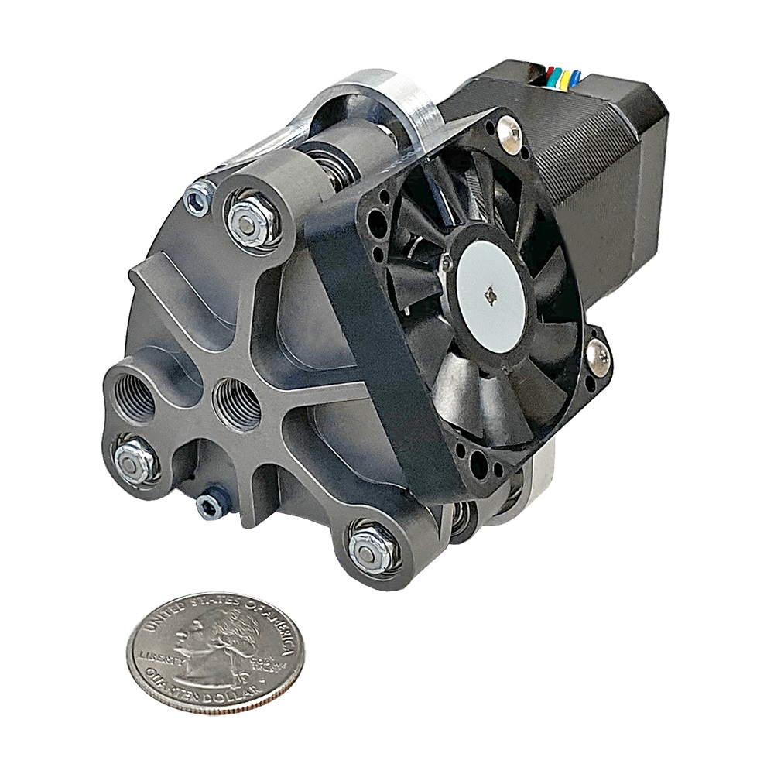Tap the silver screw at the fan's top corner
[509, 132]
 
